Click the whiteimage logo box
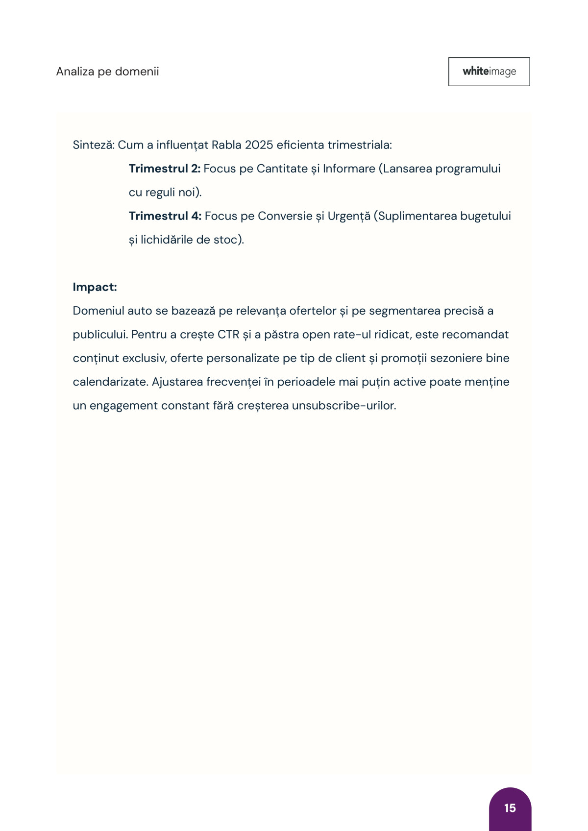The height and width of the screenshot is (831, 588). (489, 72)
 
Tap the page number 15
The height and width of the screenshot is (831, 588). (510, 808)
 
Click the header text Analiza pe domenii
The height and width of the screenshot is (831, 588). (107, 72)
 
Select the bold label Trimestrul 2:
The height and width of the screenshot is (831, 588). (165, 169)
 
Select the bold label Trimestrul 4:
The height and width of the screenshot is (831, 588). (165, 216)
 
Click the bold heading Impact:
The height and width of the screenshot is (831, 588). (95, 287)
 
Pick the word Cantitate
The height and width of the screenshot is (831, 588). (282, 169)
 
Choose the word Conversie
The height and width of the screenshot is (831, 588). (285, 216)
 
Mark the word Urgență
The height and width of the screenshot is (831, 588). (349, 216)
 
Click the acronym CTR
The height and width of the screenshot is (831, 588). (228, 335)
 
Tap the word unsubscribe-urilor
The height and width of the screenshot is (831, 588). (343, 406)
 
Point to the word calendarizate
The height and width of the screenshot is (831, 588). (110, 382)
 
